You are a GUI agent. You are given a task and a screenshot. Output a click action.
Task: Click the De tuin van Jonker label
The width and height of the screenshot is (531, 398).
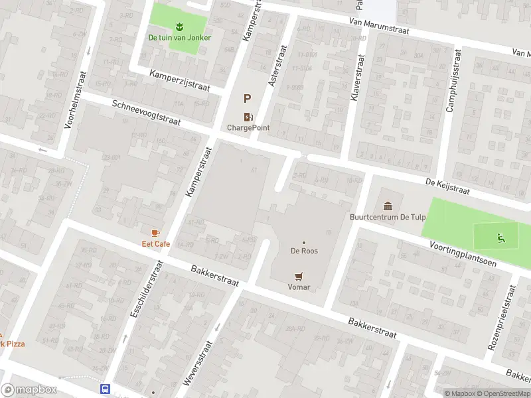(180, 38)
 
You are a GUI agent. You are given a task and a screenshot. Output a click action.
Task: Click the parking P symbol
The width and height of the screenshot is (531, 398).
(248, 99)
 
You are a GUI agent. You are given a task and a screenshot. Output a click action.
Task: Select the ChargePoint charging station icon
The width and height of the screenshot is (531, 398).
(248, 117)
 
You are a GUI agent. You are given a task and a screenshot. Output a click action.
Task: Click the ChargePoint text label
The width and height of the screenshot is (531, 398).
(248, 128)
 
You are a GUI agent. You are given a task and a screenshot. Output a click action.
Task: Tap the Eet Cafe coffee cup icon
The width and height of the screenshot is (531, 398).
(155, 233)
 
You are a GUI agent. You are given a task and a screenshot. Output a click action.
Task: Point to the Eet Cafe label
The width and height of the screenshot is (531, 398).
(156, 244)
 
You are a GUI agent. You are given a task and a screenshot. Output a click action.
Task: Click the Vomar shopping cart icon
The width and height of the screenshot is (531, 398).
(299, 276)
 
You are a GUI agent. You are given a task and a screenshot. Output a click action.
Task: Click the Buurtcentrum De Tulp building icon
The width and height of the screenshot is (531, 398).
(388, 206)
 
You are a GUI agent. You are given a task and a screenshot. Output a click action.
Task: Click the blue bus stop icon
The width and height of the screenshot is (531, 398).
(105, 389)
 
